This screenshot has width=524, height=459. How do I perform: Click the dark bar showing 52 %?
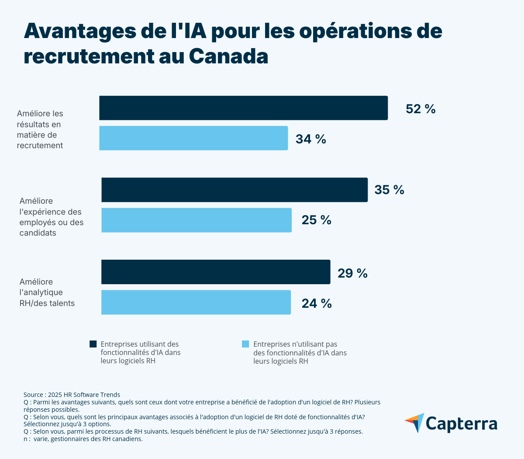[243, 108]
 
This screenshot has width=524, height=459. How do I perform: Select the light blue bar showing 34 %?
[193, 138]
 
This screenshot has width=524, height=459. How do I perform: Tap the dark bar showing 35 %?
[234, 190]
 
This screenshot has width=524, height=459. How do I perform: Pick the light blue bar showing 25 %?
[196, 220]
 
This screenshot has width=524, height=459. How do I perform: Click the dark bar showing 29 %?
[216, 272]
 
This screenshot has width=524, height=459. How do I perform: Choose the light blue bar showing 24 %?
[196, 302]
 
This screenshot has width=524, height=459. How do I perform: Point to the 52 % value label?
[421, 109]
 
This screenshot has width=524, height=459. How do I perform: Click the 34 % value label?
[311, 139]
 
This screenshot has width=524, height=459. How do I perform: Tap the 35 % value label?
[389, 190]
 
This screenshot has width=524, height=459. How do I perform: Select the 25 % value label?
[317, 220]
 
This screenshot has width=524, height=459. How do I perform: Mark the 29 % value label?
[352, 273]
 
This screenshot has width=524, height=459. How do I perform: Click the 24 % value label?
[317, 303]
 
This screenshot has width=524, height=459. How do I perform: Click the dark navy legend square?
[93, 344]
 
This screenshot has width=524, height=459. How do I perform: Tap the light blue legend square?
[245, 344]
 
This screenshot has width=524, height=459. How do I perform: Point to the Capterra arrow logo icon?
[414, 423]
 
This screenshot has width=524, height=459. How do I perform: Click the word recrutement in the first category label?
[40, 146]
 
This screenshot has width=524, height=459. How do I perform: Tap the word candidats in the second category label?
[38, 233]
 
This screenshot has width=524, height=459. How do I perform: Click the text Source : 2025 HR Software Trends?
[72, 395]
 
